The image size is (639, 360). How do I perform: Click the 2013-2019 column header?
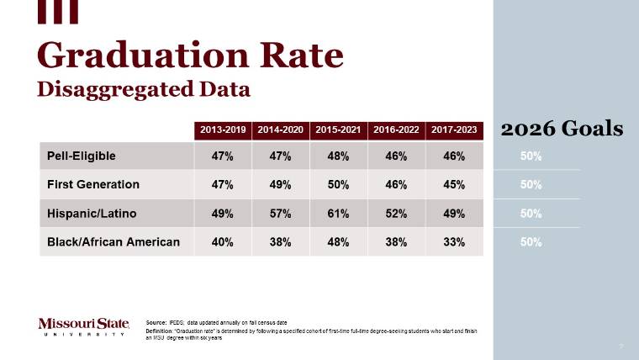223,130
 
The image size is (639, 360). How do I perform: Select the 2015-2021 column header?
339,130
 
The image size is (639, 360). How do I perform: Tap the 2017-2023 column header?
454,130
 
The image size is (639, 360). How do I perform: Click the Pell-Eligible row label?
82,156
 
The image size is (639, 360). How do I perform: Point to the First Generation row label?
93,184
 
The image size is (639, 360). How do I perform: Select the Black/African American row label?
114,242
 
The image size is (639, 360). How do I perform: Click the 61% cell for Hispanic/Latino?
339,214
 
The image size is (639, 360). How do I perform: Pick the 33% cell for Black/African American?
454,242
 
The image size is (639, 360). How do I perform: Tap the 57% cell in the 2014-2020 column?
281,214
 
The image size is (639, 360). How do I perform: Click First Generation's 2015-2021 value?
339,184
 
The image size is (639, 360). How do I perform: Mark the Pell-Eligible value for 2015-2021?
339,156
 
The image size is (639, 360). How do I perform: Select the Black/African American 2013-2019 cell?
223,242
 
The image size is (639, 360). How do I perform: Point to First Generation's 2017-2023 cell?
454,184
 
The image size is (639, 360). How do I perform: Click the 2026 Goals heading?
562,129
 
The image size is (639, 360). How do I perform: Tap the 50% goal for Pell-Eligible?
531,156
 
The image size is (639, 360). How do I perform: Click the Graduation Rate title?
190,56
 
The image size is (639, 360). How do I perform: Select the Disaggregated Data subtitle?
144,88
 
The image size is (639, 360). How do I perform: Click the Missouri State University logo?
84,326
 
